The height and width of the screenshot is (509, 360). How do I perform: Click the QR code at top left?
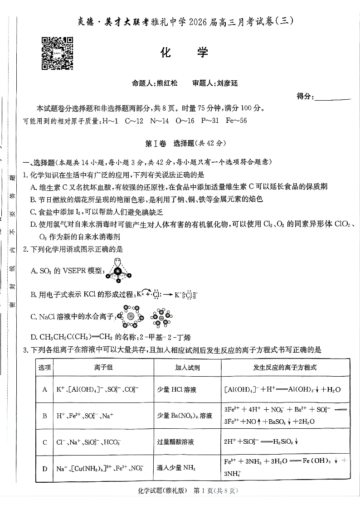tap(58, 53)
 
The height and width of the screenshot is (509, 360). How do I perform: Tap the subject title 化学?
tap(184, 53)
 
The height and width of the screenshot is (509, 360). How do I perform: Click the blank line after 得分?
tap(332, 97)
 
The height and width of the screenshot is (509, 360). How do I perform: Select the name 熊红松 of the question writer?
tap(166, 83)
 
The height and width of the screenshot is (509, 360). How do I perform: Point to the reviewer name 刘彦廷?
tap(227, 83)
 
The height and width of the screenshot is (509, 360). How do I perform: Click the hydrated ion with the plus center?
tap(131, 316)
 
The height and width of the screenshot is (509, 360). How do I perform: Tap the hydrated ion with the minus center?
tap(161, 317)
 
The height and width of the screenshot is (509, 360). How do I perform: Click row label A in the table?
tap(45, 389)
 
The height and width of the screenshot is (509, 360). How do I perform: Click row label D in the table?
tap(45, 468)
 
